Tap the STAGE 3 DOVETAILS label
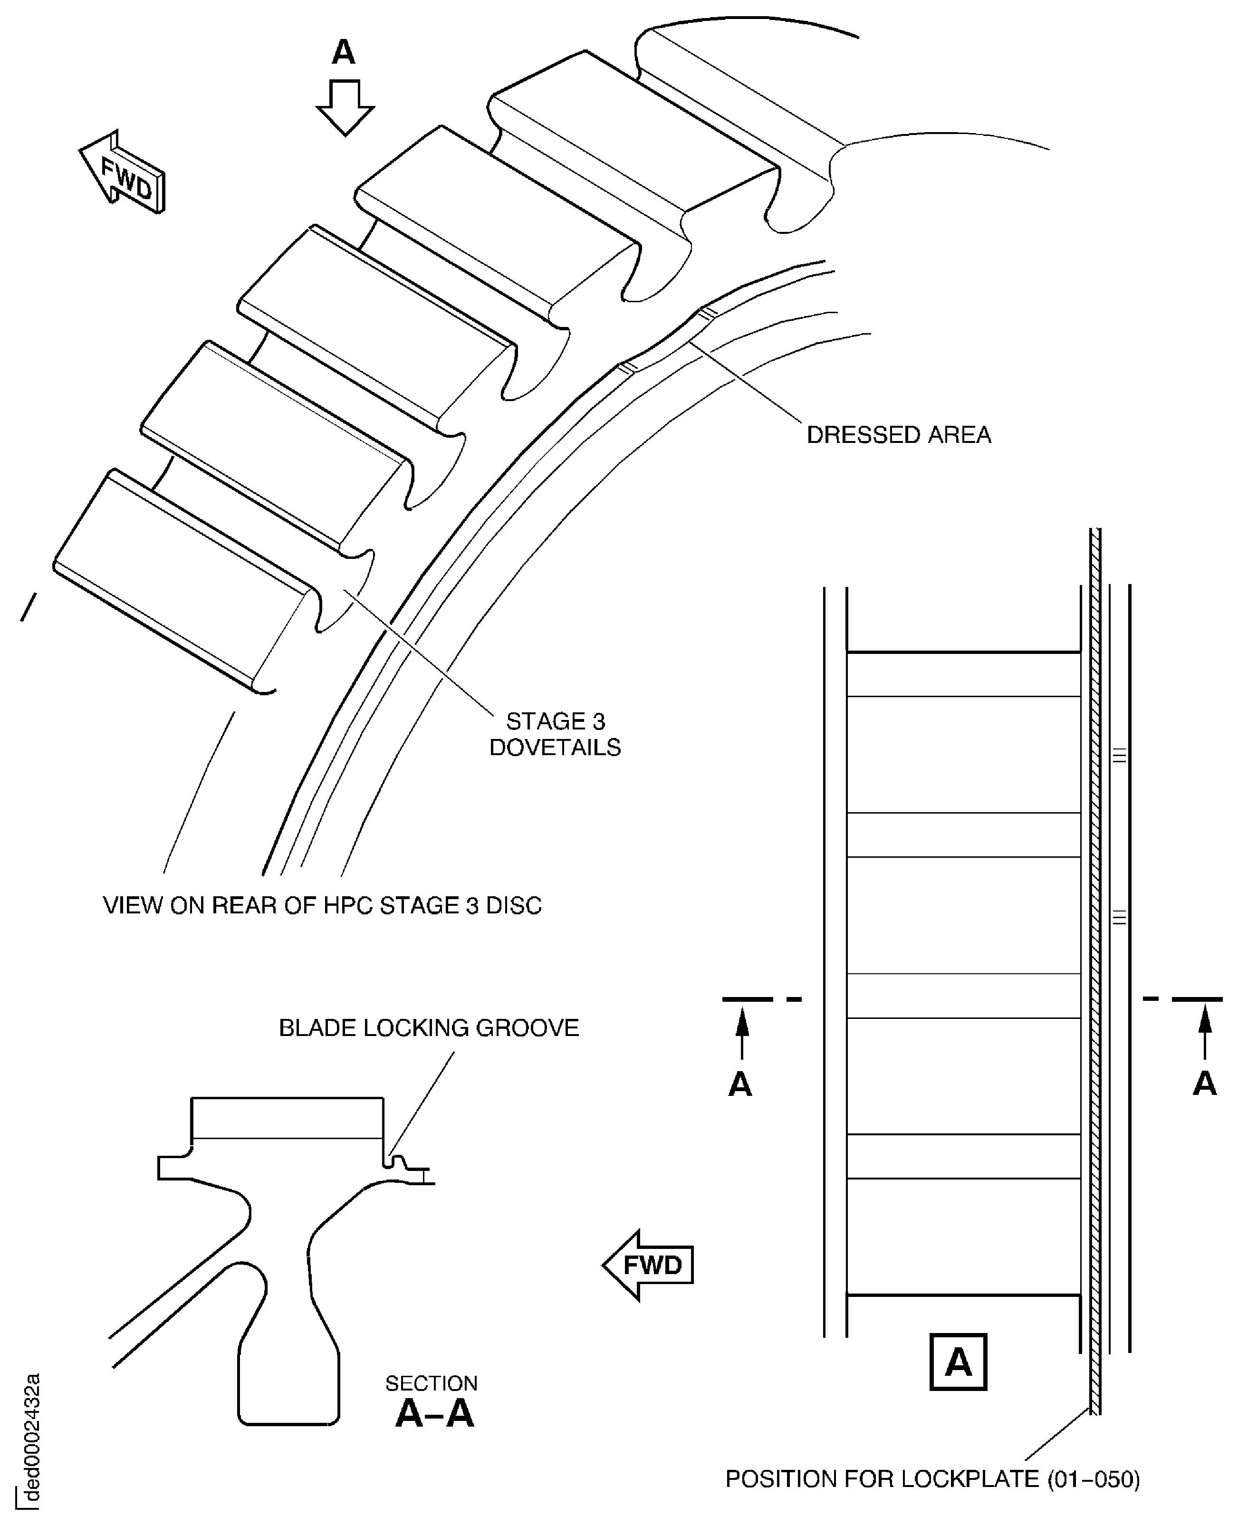click(x=555, y=734)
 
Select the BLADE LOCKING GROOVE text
click(x=429, y=1028)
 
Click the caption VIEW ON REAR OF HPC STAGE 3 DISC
click(x=322, y=905)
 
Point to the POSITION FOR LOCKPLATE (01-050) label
click(x=932, y=1479)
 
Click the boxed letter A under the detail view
click(x=958, y=1362)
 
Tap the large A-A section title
click(x=434, y=1414)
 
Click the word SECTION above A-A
click(x=431, y=1383)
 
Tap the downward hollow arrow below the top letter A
click(x=345, y=107)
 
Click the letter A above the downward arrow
click(x=343, y=52)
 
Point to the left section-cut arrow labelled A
click(x=742, y=1034)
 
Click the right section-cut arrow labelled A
click(x=1204, y=1034)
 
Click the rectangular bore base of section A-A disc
click(x=288, y=1383)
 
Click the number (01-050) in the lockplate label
click(x=1093, y=1479)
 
